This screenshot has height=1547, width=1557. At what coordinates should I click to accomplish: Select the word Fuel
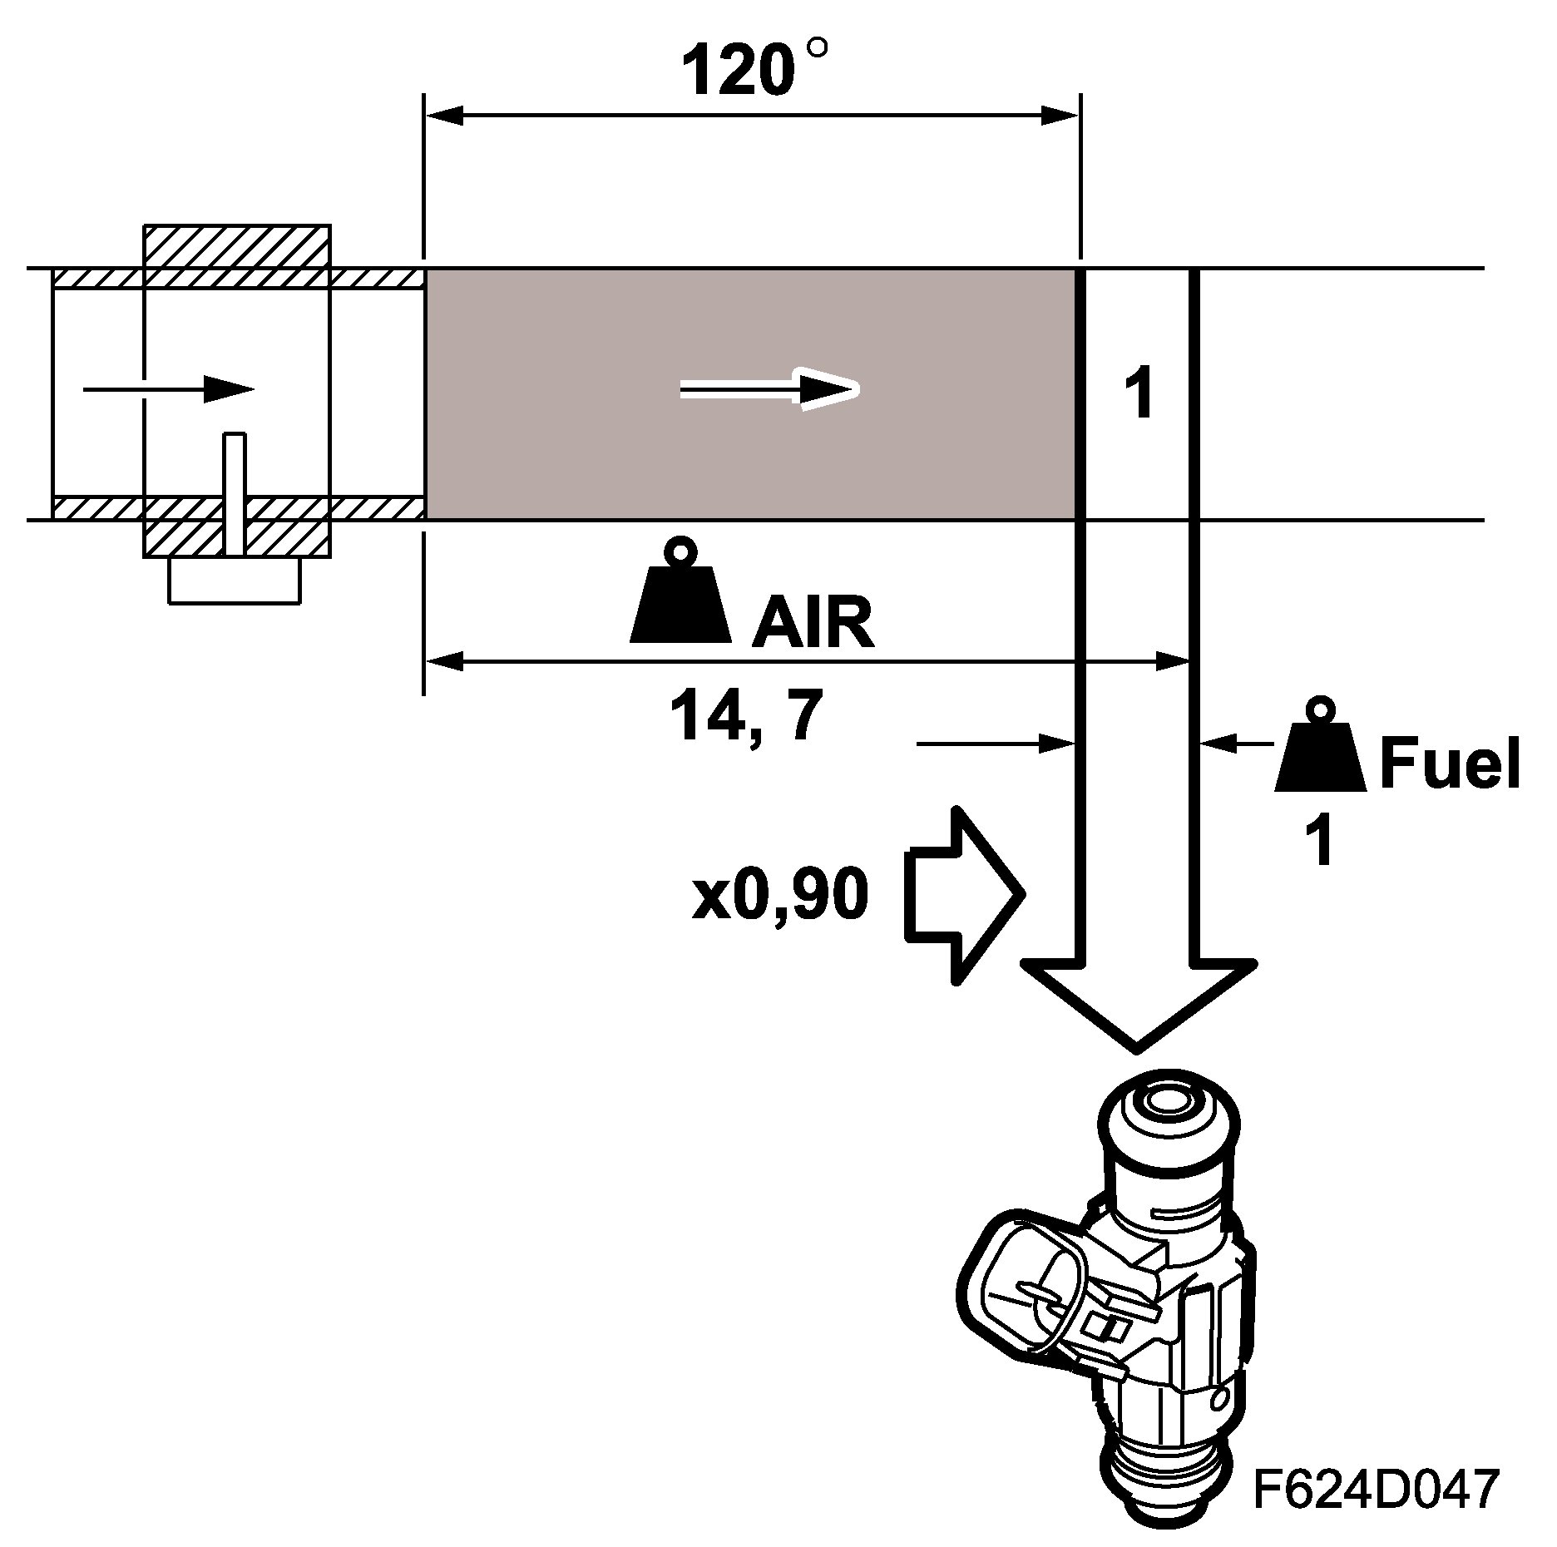[x=1450, y=764]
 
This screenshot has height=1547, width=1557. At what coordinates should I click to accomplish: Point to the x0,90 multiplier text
[x=780, y=896]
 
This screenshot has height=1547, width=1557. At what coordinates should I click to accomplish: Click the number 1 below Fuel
[x=1321, y=841]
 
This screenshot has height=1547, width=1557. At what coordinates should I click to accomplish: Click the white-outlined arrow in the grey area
[x=769, y=389]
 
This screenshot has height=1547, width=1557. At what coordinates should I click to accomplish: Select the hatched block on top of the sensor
[x=237, y=246]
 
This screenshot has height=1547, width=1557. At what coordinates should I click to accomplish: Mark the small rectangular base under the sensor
[x=234, y=580]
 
